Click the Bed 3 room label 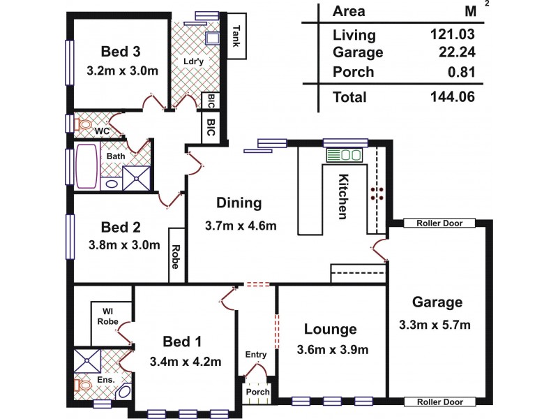click(x=121, y=51)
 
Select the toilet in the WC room click(x=84, y=126)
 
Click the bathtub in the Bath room click(x=87, y=167)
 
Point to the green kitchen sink click(x=343, y=155)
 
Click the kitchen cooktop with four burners click(x=378, y=193)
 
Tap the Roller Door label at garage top click(x=440, y=223)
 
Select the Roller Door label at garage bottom click(x=440, y=402)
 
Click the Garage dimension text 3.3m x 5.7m click(x=437, y=325)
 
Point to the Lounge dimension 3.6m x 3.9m click(x=331, y=350)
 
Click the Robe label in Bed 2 click(x=176, y=256)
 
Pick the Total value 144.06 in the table click(x=453, y=98)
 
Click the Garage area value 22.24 click(x=458, y=53)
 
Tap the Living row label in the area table click(x=354, y=35)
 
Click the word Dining click(x=239, y=203)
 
